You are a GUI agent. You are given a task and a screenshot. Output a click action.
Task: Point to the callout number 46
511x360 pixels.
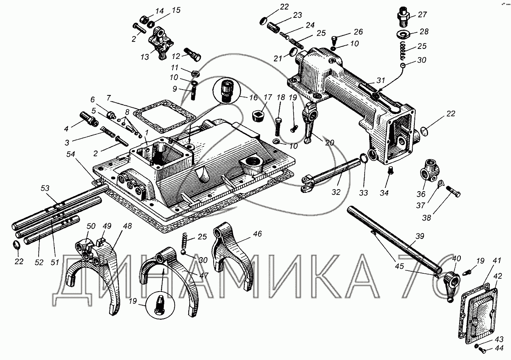pos(258,234)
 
